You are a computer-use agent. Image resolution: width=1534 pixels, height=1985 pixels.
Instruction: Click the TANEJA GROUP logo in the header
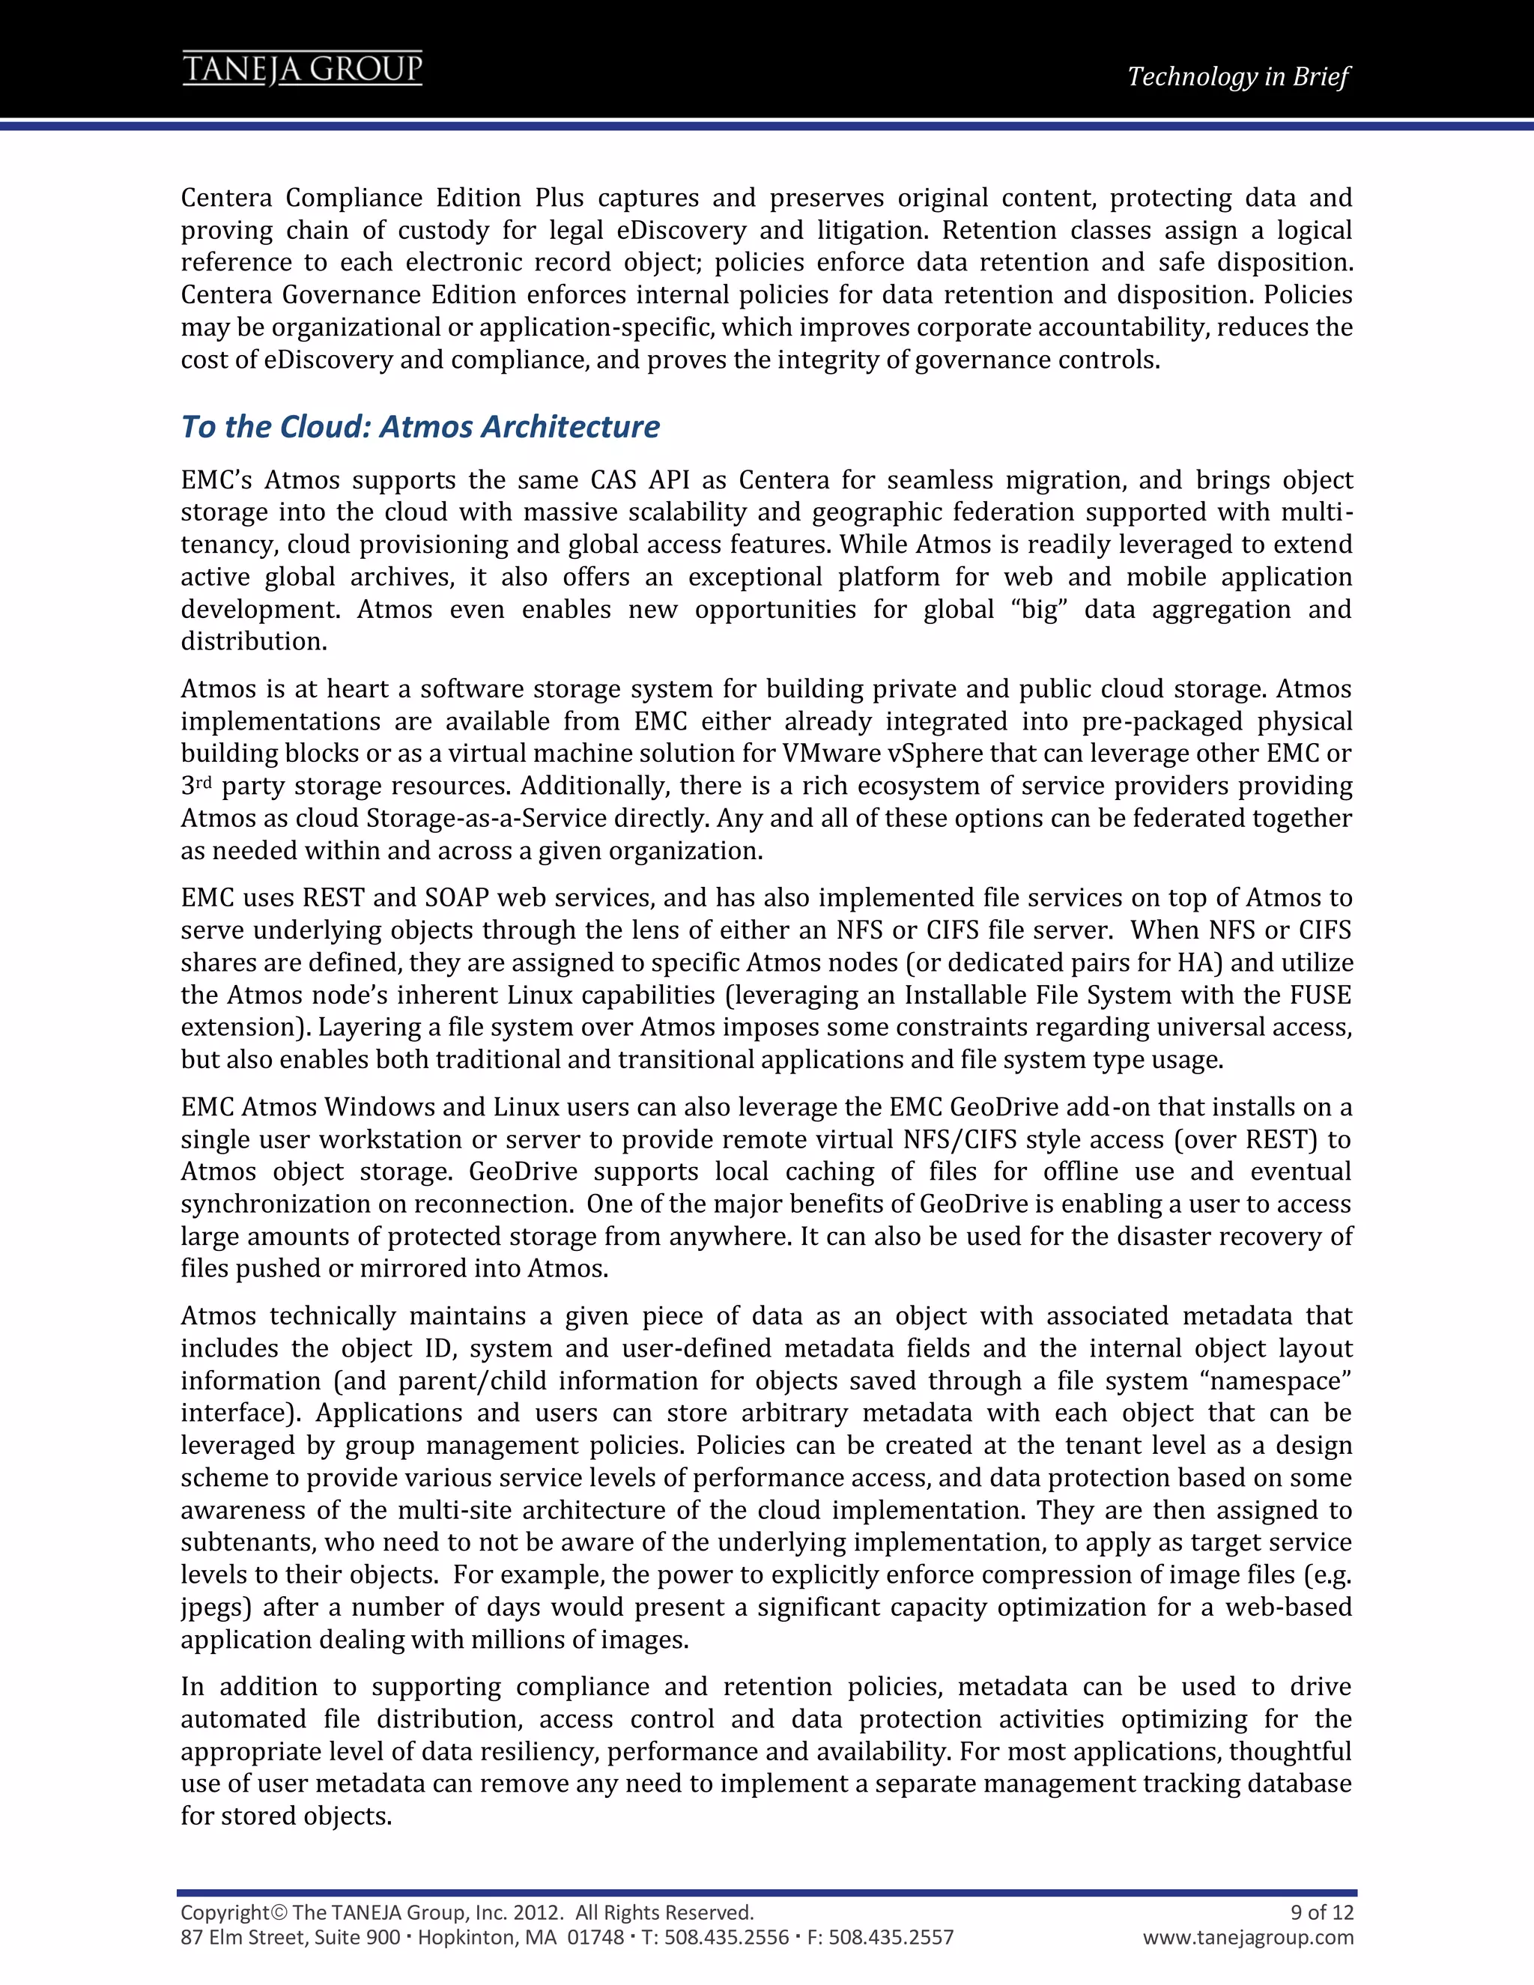click(303, 69)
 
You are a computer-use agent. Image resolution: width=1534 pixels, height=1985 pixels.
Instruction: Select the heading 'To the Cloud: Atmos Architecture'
click(420, 426)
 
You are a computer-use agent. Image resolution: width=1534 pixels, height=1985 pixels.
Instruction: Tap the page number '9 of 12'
click(1321, 1912)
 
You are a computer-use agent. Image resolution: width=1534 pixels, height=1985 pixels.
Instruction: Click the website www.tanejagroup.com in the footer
click(1248, 1937)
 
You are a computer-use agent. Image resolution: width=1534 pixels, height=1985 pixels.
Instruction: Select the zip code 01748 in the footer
click(595, 1937)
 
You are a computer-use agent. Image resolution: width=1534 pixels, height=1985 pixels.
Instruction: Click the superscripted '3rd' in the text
click(195, 785)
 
